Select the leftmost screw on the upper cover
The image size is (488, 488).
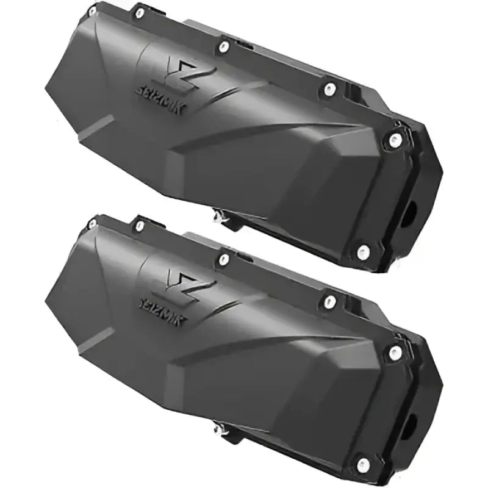[93, 11]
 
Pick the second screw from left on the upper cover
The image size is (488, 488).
[140, 12]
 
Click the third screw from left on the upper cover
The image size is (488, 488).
[224, 46]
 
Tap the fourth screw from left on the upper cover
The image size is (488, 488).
[330, 89]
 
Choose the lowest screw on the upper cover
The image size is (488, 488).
[363, 250]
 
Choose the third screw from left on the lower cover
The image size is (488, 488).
[224, 259]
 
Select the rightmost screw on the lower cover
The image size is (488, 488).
[395, 351]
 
